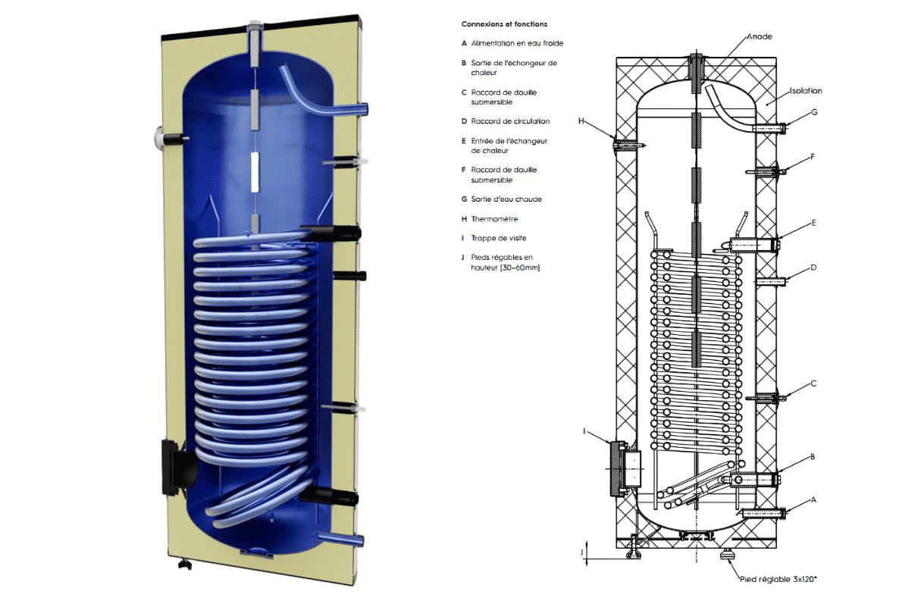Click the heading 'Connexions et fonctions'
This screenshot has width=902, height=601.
[504, 24]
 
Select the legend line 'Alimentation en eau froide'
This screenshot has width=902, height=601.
[516, 43]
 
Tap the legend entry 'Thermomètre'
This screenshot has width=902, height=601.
[493, 218]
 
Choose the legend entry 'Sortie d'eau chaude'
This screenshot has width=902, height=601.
[506, 199]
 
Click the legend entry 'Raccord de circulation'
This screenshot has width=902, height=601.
[509, 121]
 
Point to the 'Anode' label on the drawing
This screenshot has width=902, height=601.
[759, 36]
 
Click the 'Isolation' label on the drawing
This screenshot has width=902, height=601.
[806, 91]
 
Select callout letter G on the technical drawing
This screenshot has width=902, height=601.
[814, 112]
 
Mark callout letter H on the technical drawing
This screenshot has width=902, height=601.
[581, 121]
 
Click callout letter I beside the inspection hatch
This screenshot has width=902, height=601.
[584, 430]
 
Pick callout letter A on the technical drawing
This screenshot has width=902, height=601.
[813, 499]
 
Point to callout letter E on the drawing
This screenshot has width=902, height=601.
[813, 224]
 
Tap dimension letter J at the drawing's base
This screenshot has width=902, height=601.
[582, 552]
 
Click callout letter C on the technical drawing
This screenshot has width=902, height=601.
[813, 383]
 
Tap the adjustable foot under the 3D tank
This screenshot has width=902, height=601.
[183, 564]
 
